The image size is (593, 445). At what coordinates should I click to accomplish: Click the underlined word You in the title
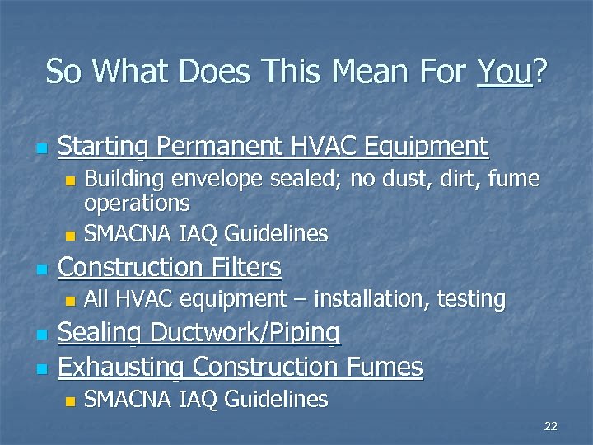pos(504,72)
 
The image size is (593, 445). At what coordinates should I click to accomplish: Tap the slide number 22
pos(551,426)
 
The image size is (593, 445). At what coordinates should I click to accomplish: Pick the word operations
pos(137,203)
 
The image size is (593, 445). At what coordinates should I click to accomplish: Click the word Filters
pos(245,267)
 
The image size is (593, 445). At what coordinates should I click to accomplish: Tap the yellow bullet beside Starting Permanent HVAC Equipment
pos(40,149)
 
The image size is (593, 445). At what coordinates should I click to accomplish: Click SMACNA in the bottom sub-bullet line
pos(124,400)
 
